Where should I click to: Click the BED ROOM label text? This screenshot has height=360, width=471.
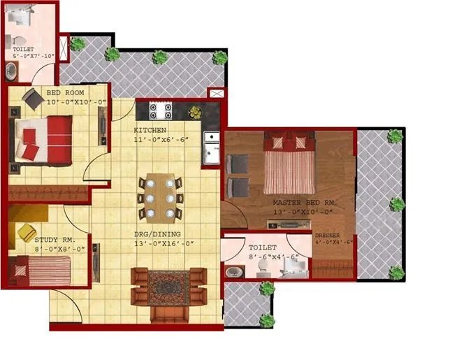(x=66, y=92)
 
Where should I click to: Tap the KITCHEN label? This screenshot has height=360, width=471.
(x=150, y=130)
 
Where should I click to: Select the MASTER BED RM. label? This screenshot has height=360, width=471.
(x=305, y=203)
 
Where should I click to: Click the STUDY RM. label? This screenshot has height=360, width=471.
(x=51, y=239)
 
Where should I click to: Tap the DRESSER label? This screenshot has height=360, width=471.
(x=326, y=236)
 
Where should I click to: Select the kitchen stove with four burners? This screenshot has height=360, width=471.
(x=160, y=110)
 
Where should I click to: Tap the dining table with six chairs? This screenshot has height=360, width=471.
(x=160, y=197)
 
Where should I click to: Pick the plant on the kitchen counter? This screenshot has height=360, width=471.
(x=196, y=112)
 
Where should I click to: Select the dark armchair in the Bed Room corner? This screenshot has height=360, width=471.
(x=32, y=100)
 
